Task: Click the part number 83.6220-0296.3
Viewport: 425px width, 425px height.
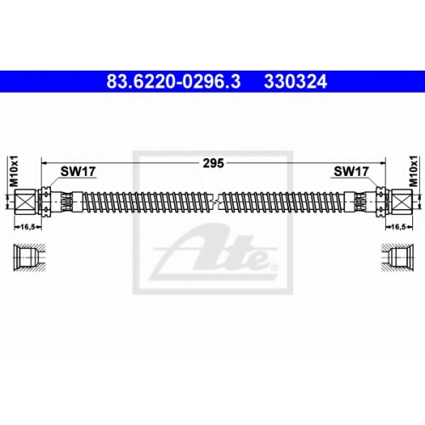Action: pyautogui.click(x=173, y=82)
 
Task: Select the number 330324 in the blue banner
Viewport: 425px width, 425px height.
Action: pyautogui.click(x=296, y=82)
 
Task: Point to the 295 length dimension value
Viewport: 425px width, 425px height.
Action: pyautogui.click(x=213, y=163)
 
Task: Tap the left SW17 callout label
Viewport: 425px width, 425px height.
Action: pyautogui.click(x=78, y=172)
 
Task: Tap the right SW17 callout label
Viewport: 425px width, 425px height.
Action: pyautogui.click(x=351, y=172)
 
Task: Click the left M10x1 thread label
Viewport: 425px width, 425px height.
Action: pyautogui.click(x=14, y=173)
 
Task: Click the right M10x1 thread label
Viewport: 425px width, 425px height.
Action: pyautogui.click(x=414, y=173)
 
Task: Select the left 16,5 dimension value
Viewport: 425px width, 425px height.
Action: pyautogui.click(x=27, y=227)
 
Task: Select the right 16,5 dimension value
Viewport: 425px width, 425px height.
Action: pyautogui.click(x=399, y=227)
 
